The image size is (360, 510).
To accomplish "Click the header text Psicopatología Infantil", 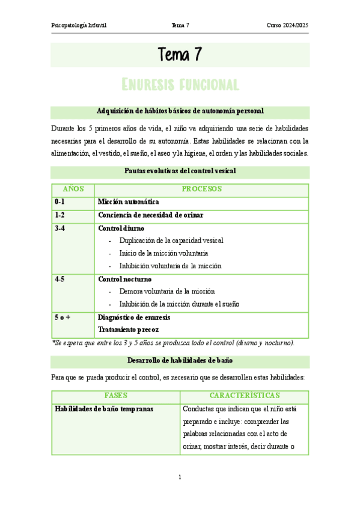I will (81, 25).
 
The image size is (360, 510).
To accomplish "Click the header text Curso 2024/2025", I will (288, 25).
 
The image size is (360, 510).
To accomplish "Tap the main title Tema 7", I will (180, 55).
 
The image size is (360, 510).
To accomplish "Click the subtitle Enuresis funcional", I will (180, 84).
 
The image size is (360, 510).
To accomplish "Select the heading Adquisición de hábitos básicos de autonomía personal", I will (180, 111).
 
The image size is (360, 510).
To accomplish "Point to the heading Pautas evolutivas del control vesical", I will (180, 171).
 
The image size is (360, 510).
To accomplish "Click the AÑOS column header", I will (73, 189).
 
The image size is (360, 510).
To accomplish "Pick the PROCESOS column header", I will (202, 189).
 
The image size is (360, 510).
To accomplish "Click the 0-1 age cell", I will (59, 202).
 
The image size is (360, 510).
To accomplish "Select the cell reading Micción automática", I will (129, 202).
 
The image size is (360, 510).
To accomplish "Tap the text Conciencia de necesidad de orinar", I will (150, 215).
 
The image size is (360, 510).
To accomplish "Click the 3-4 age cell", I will (59, 229).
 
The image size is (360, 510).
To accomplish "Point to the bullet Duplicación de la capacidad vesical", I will (171, 241).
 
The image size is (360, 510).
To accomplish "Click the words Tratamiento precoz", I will (129, 330).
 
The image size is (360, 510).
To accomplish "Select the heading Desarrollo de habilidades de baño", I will (180, 361).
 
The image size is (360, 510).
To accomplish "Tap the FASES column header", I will (116, 396).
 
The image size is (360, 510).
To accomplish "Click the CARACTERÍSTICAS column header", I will (244, 396).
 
